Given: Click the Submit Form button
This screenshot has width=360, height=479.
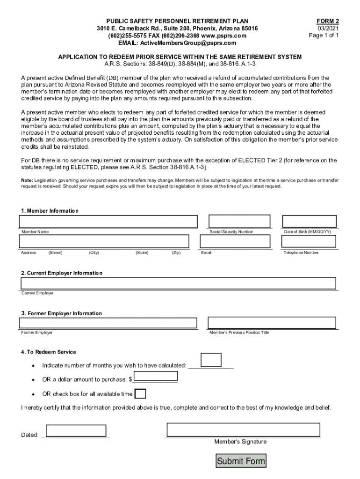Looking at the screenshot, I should [241, 461].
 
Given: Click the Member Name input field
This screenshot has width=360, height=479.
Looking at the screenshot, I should [108, 221].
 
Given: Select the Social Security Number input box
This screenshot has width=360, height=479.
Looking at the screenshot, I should [239, 221].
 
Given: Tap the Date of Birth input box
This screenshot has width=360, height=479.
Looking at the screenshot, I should [309, 221].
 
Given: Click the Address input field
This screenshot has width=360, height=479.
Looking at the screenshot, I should [104, 241].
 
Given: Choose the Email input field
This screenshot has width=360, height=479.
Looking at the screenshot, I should [235, 241].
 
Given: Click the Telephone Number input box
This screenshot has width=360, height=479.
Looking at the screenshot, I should [309, 241].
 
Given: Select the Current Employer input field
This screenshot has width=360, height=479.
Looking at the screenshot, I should [178, 283].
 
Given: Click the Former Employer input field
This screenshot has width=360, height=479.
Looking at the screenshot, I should [108, 323].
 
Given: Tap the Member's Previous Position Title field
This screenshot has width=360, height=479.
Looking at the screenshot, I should [272, 323].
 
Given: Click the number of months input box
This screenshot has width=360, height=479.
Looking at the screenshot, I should [211, 360].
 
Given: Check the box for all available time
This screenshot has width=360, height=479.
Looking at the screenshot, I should [140, 393].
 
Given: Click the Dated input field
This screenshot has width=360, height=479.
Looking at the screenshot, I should [76, 431].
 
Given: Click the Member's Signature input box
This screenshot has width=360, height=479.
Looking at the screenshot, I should [243, 430].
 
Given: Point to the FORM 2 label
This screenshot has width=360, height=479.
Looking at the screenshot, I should [327, 21].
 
